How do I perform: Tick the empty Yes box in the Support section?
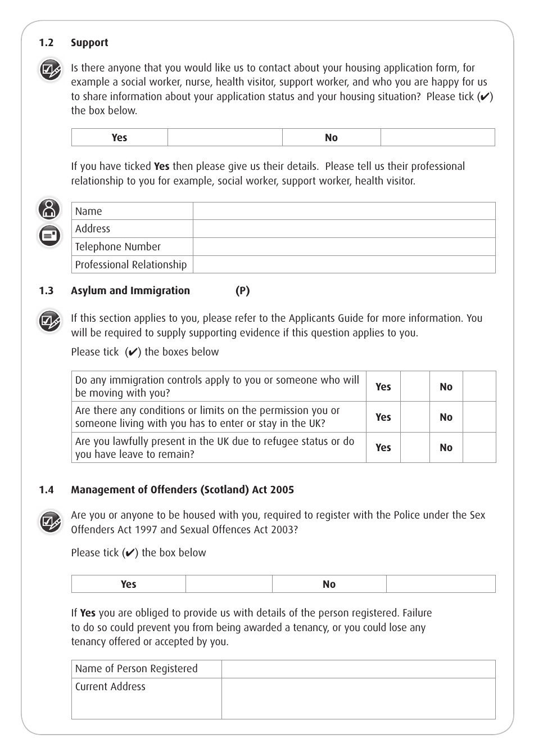225,138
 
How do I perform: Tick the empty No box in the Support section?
437,138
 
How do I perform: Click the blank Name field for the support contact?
344,211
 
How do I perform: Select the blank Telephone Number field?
344,247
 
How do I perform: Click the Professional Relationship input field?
344,265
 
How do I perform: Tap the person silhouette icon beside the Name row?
49,209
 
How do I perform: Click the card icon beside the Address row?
49,236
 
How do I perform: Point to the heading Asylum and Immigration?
130,291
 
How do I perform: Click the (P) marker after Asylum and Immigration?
243,291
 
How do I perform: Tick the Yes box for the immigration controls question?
415,386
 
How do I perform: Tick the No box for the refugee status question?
479,448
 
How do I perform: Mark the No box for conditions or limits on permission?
479,417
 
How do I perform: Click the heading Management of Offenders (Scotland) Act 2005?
182,490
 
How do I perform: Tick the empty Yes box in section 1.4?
229,584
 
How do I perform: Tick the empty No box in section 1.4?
441,584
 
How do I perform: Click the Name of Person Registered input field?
358,669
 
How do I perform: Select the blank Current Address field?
358,698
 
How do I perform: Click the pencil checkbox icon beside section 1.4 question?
50,522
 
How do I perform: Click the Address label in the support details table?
93,229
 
